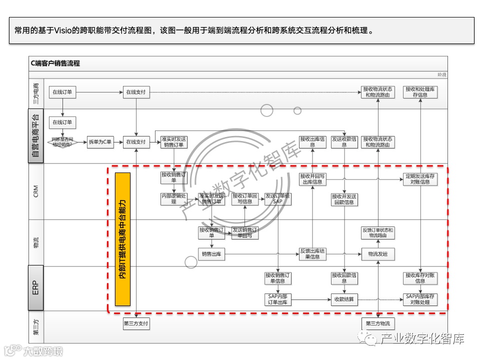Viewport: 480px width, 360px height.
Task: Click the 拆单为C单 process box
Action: [x=100, y=142]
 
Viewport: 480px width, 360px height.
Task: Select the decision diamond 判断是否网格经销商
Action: [x=62, y=142]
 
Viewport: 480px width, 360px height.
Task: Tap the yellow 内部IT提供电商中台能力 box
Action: [x=122, y=239]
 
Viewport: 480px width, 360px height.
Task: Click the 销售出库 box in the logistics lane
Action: [x=211, y=254]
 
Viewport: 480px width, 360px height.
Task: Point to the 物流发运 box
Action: [x=377, y=254]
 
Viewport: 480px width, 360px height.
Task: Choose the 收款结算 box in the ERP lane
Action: [x=344, y=299]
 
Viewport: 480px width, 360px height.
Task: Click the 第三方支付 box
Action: [x=136, y=323]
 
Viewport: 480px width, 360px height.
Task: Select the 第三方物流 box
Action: [x=377, y=323]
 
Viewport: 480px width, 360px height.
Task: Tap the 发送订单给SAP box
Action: [x=277, y=199]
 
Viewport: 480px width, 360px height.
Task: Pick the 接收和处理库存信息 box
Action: [x=420, y=91]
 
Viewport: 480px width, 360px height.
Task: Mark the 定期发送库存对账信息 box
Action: [x=420, y=179]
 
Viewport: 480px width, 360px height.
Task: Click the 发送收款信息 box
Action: [x=344, y=141]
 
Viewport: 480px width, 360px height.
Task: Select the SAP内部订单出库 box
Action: [x=277, y=299]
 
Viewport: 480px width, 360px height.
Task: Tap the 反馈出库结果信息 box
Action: [x=312, y=254]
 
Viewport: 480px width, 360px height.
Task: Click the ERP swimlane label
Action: [x=35, y=288]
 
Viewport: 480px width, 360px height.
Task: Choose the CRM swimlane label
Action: [x=35, y=191]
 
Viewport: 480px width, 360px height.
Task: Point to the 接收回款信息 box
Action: [x=344, y=277]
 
